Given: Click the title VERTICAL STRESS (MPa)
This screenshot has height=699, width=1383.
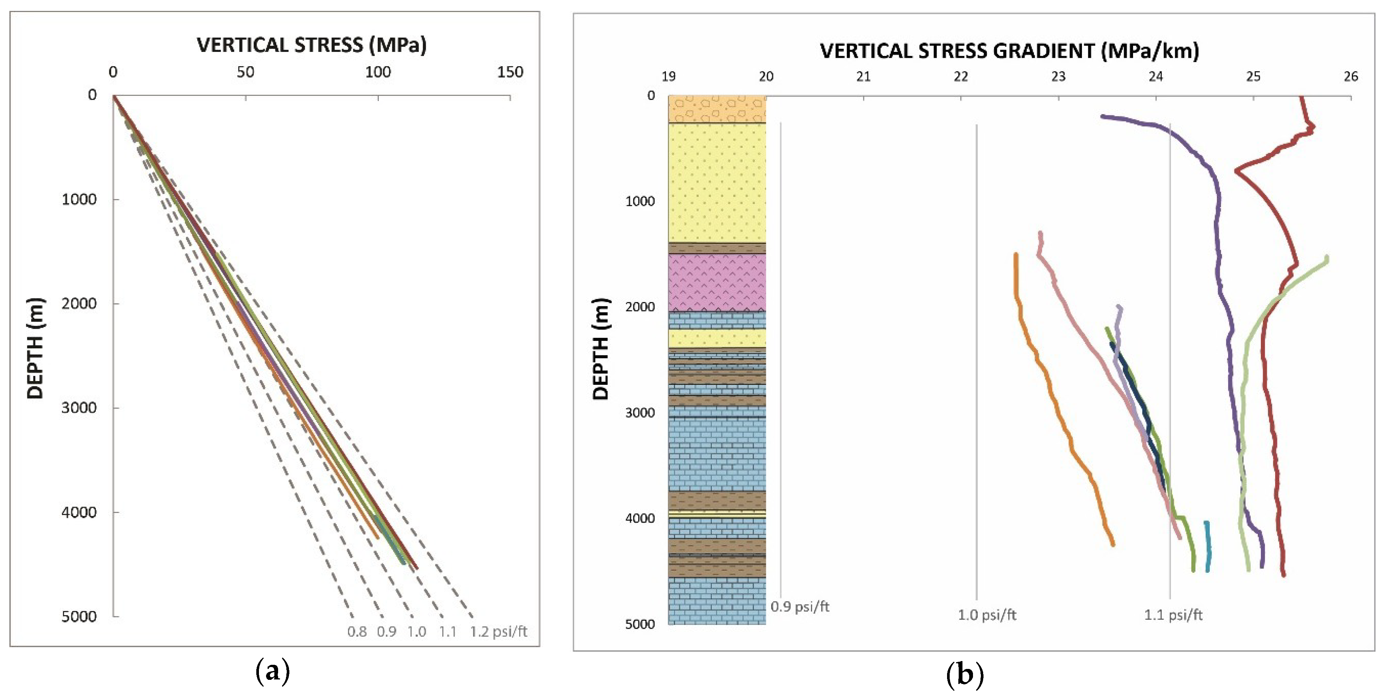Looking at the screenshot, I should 312,45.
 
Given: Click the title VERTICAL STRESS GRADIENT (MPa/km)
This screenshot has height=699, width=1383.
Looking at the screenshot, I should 1009,51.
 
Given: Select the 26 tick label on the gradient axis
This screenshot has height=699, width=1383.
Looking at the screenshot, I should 1351,77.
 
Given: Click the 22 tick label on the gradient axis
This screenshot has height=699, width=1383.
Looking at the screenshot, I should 961,77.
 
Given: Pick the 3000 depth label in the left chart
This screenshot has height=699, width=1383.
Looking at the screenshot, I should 79,407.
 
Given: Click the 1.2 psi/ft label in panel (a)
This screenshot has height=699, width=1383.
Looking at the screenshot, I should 499,632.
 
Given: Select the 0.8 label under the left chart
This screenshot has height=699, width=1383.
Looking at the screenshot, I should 357,632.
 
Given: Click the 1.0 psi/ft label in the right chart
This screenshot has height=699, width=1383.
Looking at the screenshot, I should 987,615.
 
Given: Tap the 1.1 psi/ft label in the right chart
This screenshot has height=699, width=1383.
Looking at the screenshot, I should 1173,615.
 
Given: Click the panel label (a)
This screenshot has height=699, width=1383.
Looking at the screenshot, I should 273,672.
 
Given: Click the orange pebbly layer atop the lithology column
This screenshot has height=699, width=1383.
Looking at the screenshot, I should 717,109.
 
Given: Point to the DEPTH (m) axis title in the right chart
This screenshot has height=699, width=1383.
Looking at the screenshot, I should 601,349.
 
